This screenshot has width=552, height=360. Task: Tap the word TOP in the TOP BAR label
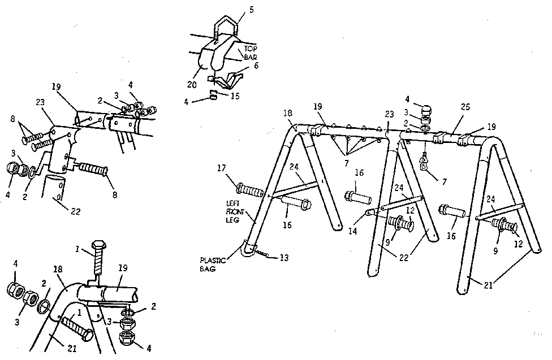click(250, 49)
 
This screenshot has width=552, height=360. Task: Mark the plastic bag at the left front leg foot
click(245, 249)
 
